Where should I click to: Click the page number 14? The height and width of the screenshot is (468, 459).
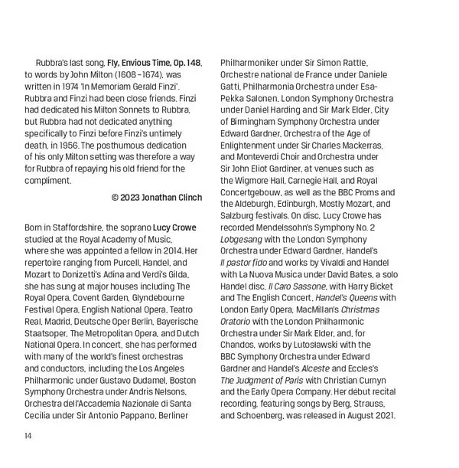point(28,437)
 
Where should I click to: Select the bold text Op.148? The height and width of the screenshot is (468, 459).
point(185,62)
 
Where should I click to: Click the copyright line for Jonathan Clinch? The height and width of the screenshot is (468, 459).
point(157,198)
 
